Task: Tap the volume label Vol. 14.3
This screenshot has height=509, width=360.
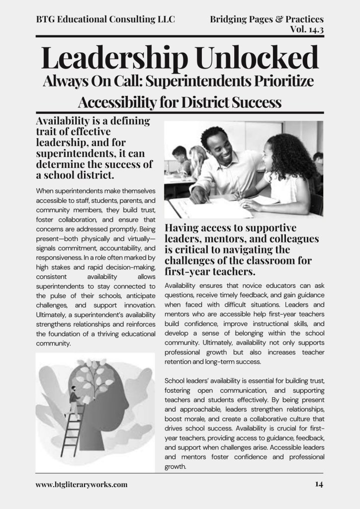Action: pos(306,29)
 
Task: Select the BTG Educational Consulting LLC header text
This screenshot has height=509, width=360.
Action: pos(105,19)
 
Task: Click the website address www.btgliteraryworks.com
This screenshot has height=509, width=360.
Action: pos(82,484)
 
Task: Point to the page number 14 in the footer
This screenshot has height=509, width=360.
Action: pos(319,484)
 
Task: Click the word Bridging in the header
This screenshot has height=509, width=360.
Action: pos(228,19)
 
